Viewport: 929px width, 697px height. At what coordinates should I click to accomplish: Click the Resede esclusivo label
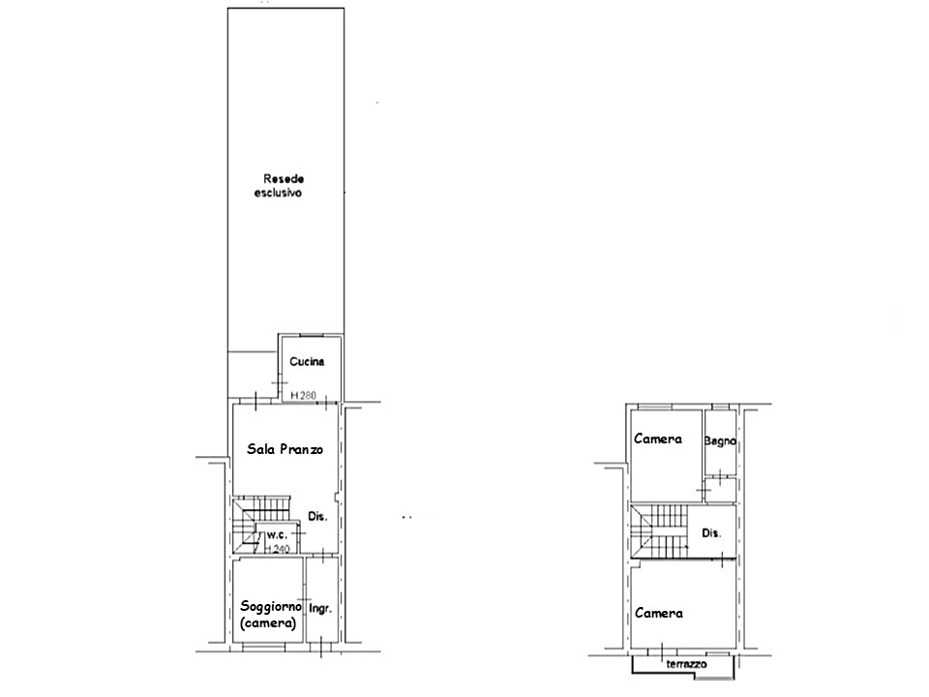coord(279,186)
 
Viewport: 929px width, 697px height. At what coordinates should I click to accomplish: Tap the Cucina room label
coord(307,361)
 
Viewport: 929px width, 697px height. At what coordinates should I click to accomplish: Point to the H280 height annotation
coord(303,395)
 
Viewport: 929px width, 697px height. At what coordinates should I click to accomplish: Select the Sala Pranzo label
coord(285,449)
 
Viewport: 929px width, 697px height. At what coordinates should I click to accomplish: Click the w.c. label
coord(277,534)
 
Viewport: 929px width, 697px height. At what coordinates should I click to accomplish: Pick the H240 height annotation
coord(277,550)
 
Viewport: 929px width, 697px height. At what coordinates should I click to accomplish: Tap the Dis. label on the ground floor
coord(317,517)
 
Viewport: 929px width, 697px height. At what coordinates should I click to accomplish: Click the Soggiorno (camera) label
coord(270,615)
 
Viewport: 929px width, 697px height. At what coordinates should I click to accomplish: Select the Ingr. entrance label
coord(320,609)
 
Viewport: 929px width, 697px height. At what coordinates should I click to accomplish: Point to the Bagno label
coord(720,441)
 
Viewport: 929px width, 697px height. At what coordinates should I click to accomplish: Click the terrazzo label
coord(686,664)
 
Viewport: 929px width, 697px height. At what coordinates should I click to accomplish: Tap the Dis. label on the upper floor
coord(711,533)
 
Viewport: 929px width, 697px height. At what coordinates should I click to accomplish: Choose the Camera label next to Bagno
coord(658,439)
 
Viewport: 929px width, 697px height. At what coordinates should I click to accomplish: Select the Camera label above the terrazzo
coord(659,614)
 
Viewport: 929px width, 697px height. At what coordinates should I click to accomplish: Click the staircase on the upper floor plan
coord(658,531)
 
